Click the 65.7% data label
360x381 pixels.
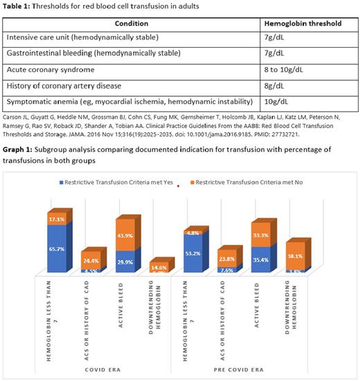click(x=57, y=250)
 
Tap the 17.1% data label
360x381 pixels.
click(x=57, y=219)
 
